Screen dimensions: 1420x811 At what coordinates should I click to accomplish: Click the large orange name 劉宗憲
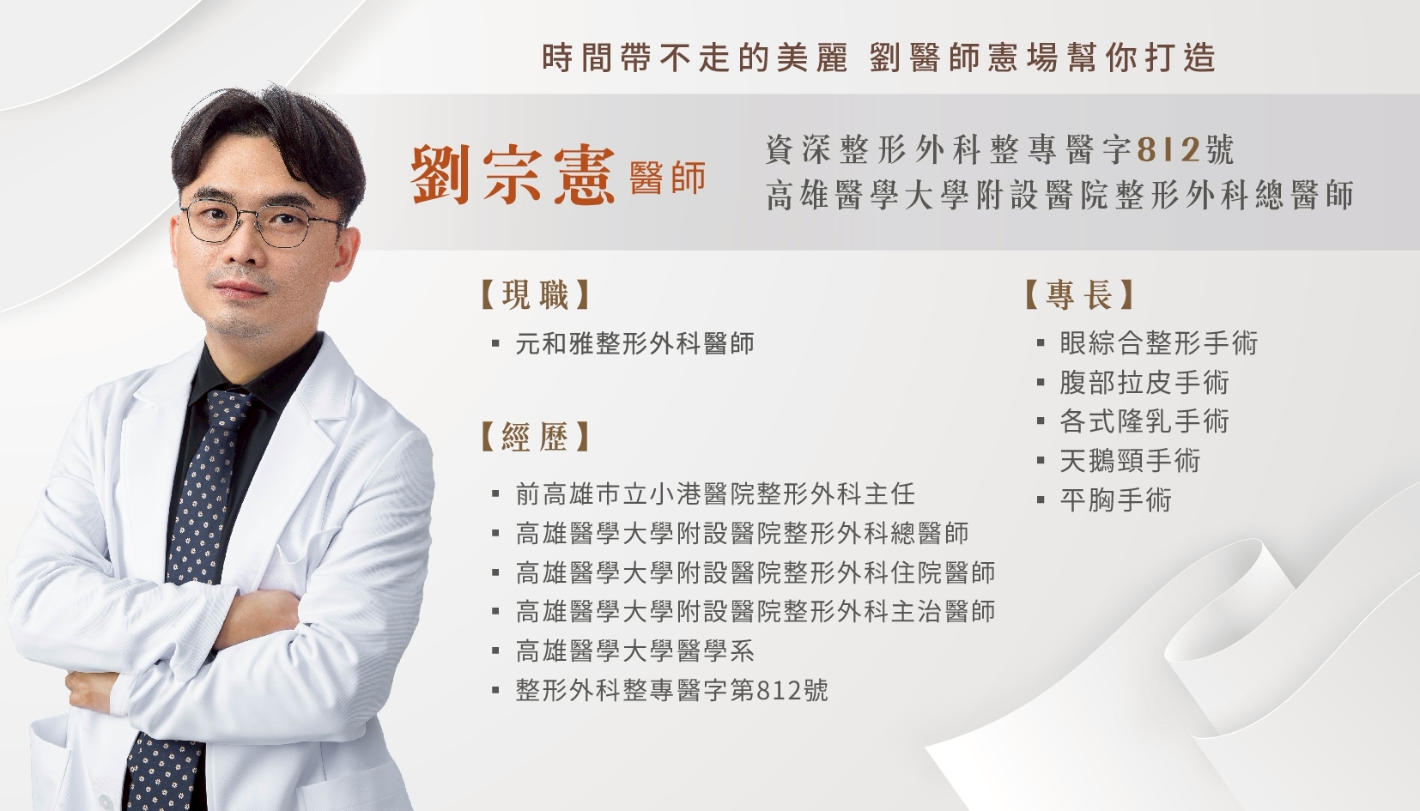(513, 176)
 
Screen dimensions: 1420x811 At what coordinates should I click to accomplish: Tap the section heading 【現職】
(536, 294)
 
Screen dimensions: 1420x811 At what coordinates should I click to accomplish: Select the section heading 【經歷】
(536, 437)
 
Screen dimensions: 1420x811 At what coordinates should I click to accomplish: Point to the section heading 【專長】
(1079, 294)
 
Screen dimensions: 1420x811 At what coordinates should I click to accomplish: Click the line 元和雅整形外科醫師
(634, 343)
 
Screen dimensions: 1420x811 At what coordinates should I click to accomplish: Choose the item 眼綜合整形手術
(1159, 342)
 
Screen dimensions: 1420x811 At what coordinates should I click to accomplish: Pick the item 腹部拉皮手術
(1144, 382)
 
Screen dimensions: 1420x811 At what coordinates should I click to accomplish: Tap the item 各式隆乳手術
(1144, 421)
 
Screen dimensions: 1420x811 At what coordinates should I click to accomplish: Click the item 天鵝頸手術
(1130, 461)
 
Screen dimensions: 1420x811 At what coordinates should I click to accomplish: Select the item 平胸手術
(1116, 500)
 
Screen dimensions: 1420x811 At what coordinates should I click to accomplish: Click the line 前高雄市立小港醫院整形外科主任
(715, 493)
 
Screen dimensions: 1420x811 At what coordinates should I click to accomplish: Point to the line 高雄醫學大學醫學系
(634, 651)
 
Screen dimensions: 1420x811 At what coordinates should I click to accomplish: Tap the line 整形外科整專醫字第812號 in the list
(672, 690)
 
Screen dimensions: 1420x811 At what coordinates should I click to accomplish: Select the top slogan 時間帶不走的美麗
(695, 57)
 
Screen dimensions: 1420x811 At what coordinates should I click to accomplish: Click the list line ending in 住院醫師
(755, 572)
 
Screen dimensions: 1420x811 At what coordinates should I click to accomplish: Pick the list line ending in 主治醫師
(755, 611)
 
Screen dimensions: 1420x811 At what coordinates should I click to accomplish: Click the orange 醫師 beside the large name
(668, 178)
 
